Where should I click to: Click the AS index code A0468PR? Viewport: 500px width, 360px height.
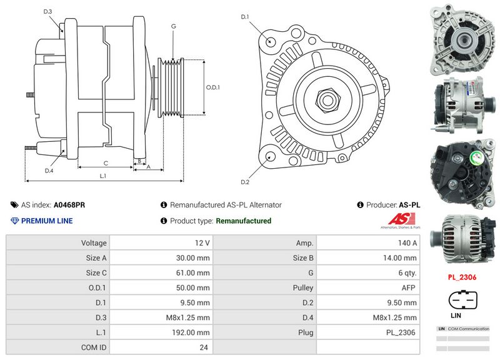pos(69,204)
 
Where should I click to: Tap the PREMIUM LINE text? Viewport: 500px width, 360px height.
pos(47,221)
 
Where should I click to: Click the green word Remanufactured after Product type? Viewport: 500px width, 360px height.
pos(243,221)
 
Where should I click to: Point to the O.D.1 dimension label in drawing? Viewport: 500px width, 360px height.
pos(213,87)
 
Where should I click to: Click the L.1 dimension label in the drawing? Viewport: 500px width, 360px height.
pos(104,176)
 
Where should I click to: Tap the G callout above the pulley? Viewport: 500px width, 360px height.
pos(172,26)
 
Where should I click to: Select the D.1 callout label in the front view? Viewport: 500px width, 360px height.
pos(245,16)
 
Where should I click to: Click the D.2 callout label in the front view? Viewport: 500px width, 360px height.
pos(245,182)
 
